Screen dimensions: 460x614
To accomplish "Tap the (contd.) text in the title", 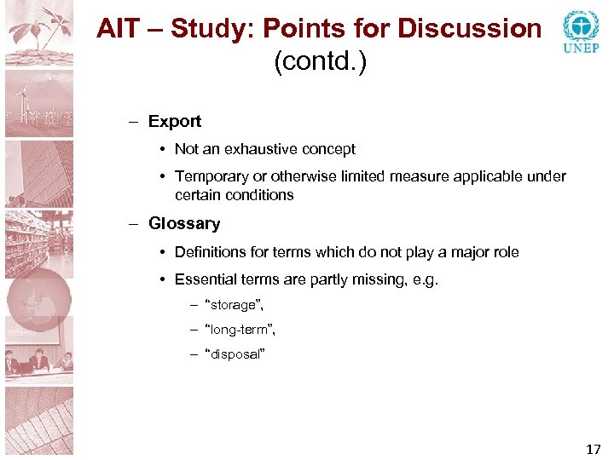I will pyautogui.click(x=320, y=62).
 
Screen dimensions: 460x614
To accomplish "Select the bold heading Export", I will pyautogui.click(x=175, y=121).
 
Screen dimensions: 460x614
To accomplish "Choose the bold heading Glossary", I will pyautogui.click(x=184, y=224).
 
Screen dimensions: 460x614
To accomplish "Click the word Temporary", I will pyautogui.click(x=211, y=176).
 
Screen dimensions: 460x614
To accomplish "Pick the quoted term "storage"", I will pyautogui.click(x=235, y=305).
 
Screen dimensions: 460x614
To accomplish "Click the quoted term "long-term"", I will pyautogui.click(x=240, y=329).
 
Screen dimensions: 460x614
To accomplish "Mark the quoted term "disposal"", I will pyautogui.click(x=235, y=354).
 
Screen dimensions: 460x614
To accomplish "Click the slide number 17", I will pyautogui.click(x=593, y=449).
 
